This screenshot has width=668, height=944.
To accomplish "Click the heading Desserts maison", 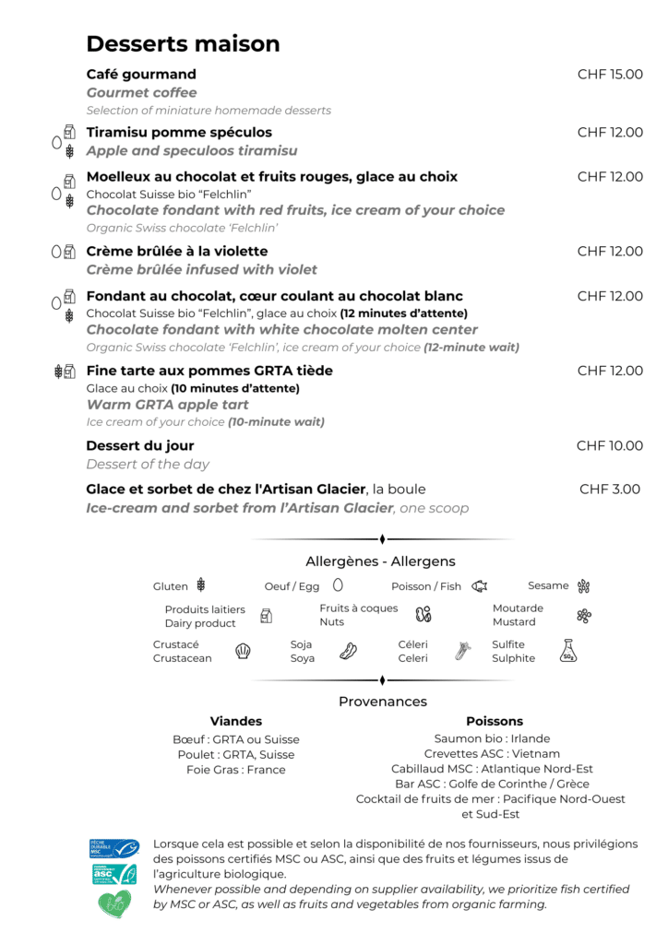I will [183, 43].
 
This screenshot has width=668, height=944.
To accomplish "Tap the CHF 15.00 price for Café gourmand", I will [610, 75].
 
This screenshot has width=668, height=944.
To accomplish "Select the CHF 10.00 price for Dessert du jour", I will [610, 446].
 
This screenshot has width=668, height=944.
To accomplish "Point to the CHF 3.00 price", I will [610, 490].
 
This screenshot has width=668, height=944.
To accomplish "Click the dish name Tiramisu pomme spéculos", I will [179, 133].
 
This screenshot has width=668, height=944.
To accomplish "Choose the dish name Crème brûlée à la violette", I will [177, 252].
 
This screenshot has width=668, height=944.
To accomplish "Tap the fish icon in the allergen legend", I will [479, 585].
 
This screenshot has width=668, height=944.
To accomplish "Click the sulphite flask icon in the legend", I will [568, 651].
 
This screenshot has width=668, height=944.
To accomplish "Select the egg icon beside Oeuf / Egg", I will [338, 584].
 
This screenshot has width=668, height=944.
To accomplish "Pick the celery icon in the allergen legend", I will [462, 651].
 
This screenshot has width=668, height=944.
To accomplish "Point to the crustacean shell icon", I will [243, 651].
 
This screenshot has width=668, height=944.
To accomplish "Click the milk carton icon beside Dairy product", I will [266, 616].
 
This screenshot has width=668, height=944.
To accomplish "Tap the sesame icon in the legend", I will [583, 585].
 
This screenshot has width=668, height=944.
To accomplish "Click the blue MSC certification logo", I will [113, 848].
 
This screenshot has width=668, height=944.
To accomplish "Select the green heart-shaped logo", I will [114, 903].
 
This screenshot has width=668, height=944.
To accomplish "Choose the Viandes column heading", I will [236, 721].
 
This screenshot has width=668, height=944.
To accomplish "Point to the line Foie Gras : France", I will [236, 770].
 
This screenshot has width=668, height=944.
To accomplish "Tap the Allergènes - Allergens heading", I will [380, 561].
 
